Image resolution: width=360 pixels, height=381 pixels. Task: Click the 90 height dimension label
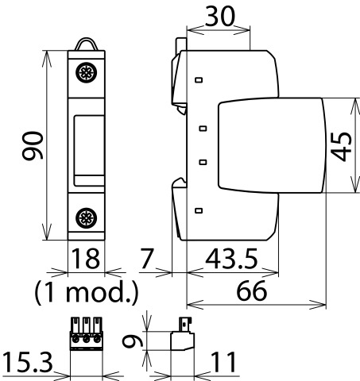[33, 146]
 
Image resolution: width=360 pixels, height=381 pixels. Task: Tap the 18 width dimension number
[86, 258]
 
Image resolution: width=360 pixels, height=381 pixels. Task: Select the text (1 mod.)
[87, 292]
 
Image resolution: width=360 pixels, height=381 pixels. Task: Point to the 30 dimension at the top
[220, 17]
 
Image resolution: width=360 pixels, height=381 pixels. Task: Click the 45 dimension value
[342, 146]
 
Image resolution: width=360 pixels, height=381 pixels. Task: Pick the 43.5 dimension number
[231, 259]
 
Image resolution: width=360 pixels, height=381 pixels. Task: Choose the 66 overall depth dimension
[251, 291]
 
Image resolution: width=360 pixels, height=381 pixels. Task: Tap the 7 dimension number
[146, 258]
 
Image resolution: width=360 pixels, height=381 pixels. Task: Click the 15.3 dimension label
[28, 362]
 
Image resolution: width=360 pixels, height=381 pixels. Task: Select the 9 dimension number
[133, 341]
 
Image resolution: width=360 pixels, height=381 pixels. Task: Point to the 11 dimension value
[223, 362]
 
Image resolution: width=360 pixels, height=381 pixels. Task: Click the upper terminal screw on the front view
[86, 72]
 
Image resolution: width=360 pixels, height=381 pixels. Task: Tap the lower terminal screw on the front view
[86, 218]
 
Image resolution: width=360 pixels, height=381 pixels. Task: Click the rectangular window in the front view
[89, 150]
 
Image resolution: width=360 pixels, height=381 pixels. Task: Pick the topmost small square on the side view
[199, 79]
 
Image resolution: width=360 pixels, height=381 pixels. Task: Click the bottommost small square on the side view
[199, 210]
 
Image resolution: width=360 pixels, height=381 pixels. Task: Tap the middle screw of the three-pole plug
[86, 338]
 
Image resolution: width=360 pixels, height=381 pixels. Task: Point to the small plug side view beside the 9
[182, 334]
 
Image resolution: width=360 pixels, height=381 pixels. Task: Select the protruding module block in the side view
[272, 145]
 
